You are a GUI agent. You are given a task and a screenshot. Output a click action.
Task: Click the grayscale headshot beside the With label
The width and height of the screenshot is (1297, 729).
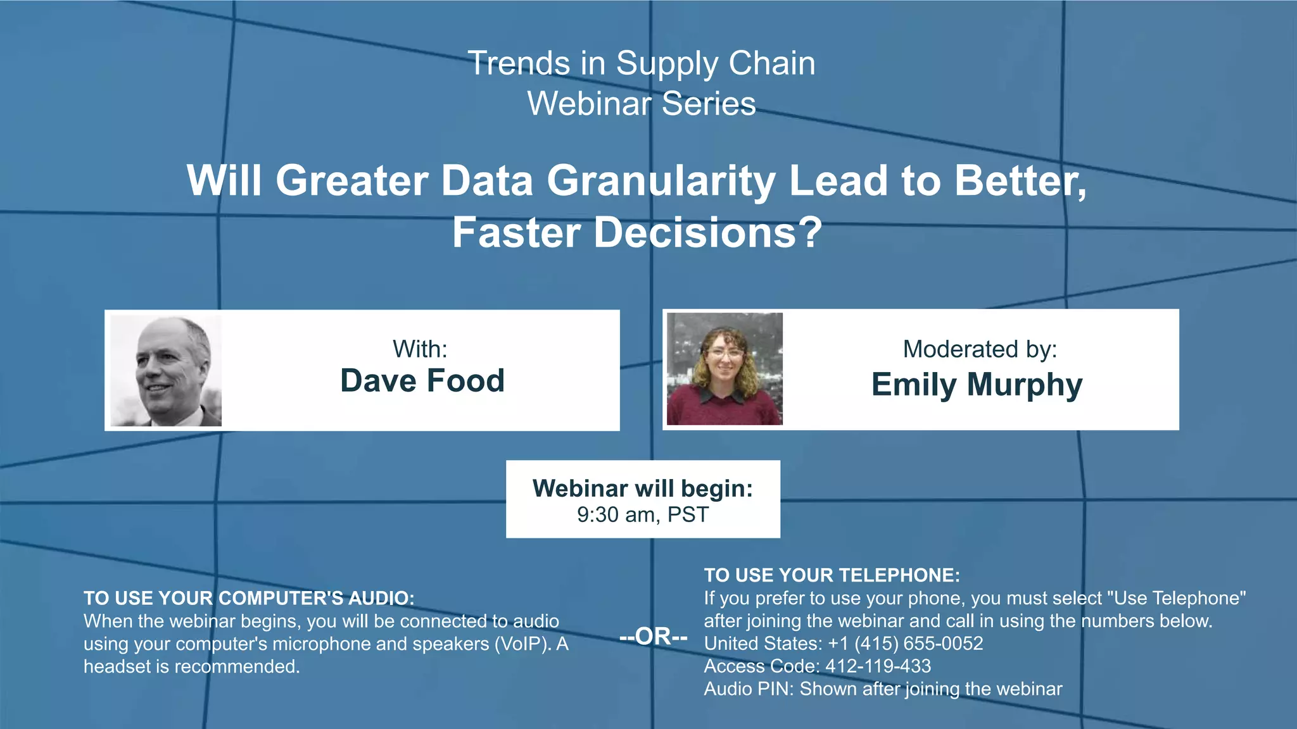click(x=166, y=371)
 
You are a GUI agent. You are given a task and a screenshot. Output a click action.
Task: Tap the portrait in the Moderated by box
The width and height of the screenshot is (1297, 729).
click(x=724, y=369)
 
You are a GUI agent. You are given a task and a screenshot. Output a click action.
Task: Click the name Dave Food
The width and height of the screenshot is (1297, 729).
click(x=422, y=381)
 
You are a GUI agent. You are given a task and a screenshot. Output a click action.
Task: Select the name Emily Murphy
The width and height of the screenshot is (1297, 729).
click(x=977, y=385)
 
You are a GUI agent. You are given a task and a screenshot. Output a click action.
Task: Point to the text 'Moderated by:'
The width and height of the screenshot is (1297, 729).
click(x=980, y=349)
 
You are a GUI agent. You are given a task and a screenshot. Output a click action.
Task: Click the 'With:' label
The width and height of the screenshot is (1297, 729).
click(x=420, y=349)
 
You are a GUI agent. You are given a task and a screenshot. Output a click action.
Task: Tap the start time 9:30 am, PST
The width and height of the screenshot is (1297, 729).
click(x=642, y=514)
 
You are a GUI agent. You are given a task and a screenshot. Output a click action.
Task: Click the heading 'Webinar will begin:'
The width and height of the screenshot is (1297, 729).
click(x=642, y=489)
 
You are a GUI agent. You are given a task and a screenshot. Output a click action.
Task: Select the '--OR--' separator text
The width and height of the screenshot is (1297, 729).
click(x=653, y=636)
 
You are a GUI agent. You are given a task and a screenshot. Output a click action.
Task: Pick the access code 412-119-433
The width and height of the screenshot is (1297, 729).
click(x=878, y=666)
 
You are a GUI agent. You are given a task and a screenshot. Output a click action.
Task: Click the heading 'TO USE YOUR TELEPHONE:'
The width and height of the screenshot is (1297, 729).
click(x=832, y=575)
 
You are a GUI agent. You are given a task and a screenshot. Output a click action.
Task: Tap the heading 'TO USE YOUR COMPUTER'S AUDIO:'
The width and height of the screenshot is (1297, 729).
click(x=249, y=598)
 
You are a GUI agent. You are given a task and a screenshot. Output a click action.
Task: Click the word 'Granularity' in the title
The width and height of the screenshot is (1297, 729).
click(x=661, y=182)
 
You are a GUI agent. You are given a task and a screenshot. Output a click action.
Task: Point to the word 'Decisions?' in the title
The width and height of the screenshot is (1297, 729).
click(x=707, y=233)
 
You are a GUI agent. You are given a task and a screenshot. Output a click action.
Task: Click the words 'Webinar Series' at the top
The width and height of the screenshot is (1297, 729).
click(x=642, y=104)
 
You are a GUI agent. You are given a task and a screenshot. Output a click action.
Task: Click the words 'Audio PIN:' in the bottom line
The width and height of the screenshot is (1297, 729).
click(x=749, y=689)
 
